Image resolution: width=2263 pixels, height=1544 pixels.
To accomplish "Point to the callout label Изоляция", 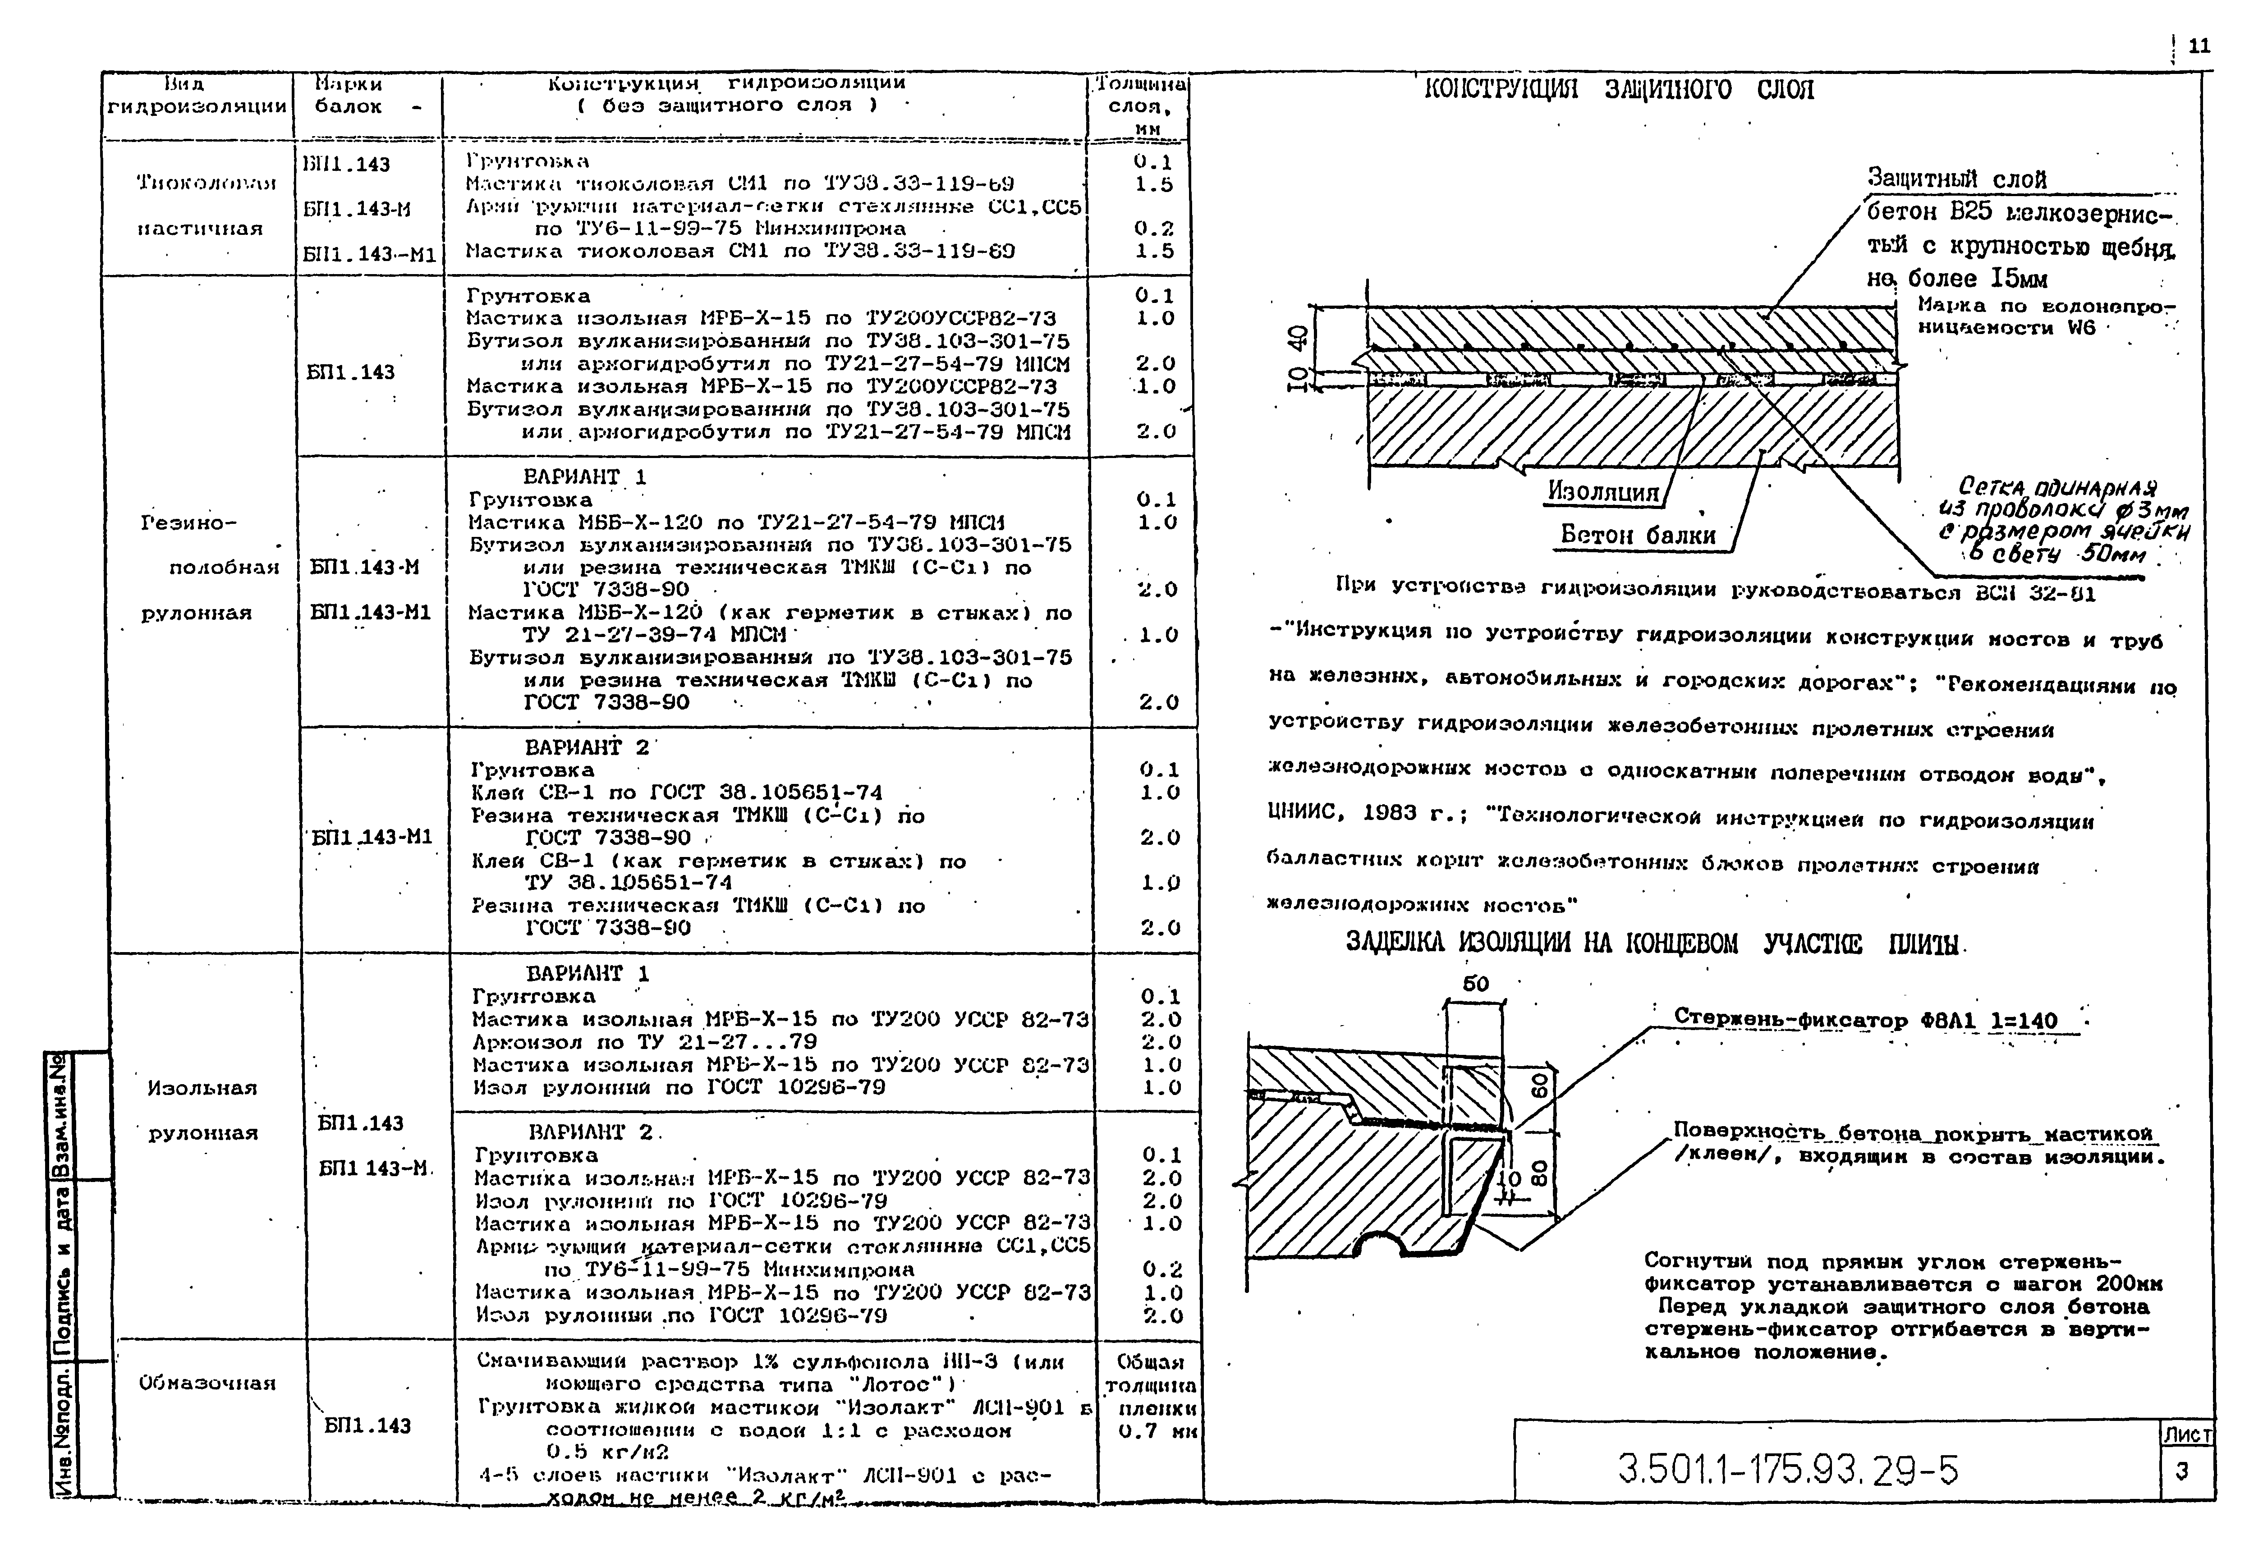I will tap(1603, 493).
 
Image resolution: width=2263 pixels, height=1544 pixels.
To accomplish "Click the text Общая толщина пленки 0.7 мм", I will tap(1151, 1396).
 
